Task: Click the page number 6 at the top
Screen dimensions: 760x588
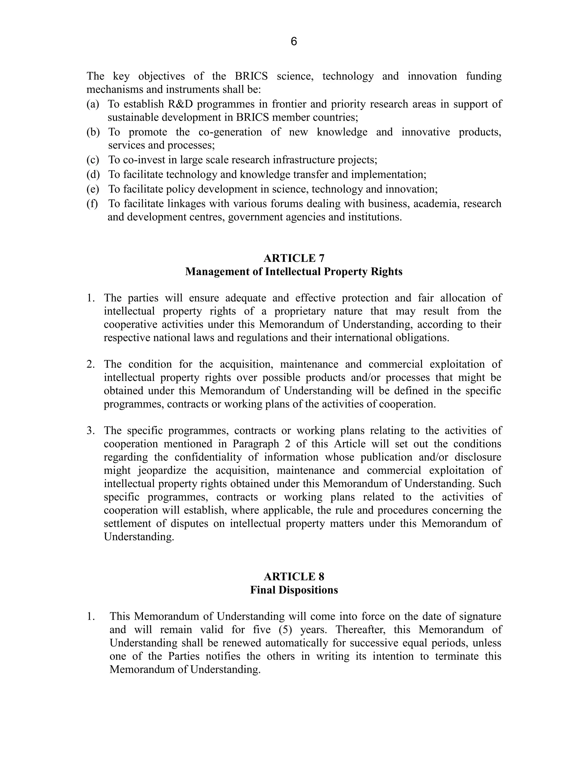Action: point(293,42)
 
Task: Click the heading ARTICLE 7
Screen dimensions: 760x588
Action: point(294,258)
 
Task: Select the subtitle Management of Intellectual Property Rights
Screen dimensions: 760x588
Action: point(294,272)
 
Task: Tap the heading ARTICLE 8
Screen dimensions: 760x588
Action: point(294,577)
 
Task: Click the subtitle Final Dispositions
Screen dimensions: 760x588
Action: point(294,590)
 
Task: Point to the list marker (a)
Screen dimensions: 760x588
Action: point(92,104)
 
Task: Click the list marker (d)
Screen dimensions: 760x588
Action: point(93,174)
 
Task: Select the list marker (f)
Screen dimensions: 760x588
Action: point(92,203)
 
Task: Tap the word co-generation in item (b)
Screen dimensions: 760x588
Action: point(230,132)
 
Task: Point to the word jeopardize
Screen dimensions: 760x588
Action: point(162,470)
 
